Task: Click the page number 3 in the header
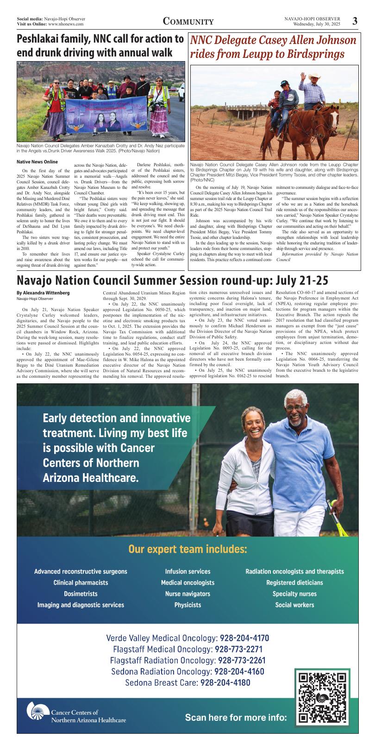point(355,21)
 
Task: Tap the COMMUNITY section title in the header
point(188,22)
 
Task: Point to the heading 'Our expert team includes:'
point(187,550)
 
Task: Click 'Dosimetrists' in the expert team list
point(81,594)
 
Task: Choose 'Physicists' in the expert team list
point(187,605)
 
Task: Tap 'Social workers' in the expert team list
point(294,605)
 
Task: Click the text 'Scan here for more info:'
point(236,718)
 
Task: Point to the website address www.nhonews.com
point(66,24)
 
